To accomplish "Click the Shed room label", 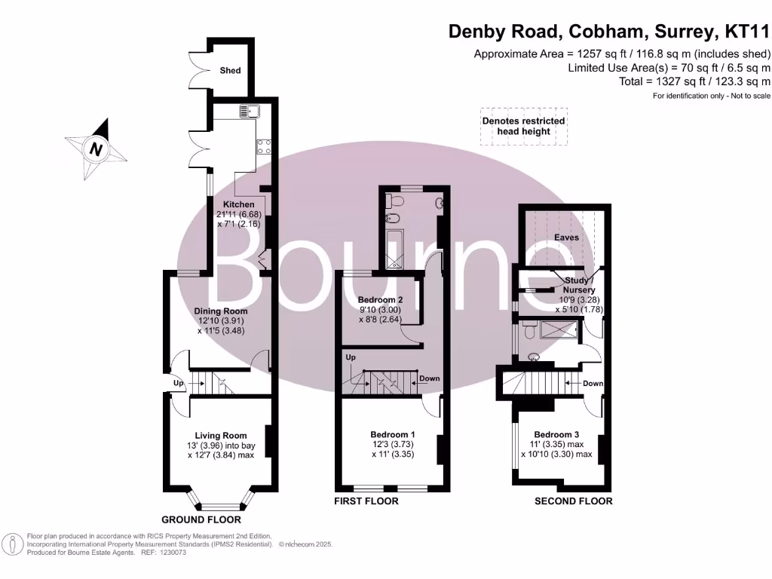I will [x=230, y=70].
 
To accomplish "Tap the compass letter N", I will [x=96, y=149].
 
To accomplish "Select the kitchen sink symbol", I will [x=250, y=112].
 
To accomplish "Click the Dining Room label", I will [x=221, y=311].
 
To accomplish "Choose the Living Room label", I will [x=221, y=435].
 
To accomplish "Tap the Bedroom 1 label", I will [x=393, y=434].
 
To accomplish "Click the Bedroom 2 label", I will [x=381, y=299].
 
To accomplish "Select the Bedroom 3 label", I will [x=556, y=434].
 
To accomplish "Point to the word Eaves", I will [x=566, y=237].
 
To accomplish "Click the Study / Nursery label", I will [x=580, y=285].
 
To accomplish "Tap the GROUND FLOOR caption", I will [x=201, y=519].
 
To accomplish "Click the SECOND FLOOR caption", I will [x=573, y=501].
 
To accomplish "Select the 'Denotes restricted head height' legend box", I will [x=523, y=126].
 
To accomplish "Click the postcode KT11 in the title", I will [x=746, y=32].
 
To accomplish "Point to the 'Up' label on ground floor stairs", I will [x=179, y=384].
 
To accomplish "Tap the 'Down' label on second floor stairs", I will [x=593, y=384].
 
